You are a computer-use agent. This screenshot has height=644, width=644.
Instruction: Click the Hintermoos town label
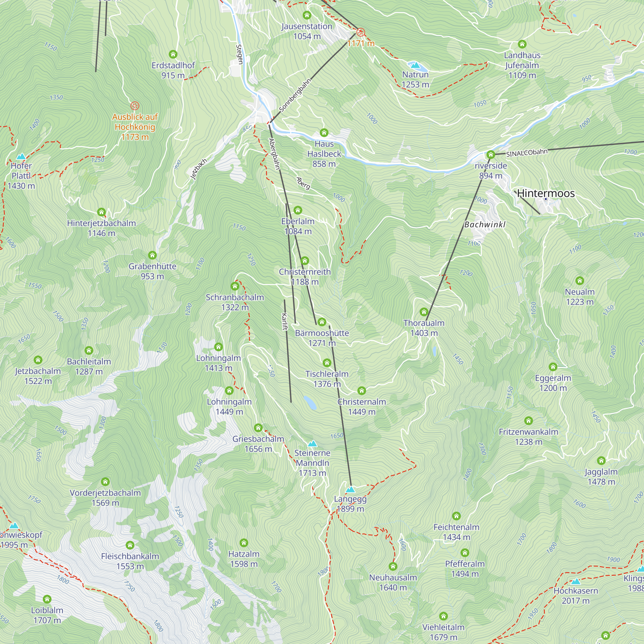pyautogui.click(x=546, y=193)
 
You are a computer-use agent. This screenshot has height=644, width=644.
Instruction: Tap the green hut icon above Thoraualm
pyautogui.click(x=424, y=312)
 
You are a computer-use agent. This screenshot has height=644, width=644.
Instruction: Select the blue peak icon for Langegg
pyautogui.click(x=350, y=489)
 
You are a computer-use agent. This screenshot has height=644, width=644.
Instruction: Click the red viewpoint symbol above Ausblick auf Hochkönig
pyautogui.click(x=135, y=106)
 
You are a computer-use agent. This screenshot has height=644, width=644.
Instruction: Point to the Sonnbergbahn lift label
pyautogui.click(x=295, y=95)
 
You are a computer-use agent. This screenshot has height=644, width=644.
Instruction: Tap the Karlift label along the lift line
pyautogui.click(x=284, y=322)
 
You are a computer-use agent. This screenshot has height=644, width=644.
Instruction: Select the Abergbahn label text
pyautogui.click(x=274, y=154)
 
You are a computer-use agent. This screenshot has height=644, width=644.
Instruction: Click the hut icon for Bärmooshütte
pyautogui.click(x=322, y=322)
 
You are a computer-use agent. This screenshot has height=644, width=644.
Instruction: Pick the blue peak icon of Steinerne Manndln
pyautogui.click(x=312, y=444)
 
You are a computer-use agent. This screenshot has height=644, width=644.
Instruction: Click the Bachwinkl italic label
pyautogui.click(x=485, y=225)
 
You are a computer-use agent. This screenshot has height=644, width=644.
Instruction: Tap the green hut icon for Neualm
pyautogui.click(x=580, y=281)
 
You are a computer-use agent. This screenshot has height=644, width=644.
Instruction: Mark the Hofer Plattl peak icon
pyautogui.click(x=21, y=156)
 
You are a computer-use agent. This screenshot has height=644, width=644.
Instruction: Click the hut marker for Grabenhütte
pyautogui.click(x=152, y=255)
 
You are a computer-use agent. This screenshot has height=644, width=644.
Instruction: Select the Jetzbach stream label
pyautogui.click(x=199, y=169)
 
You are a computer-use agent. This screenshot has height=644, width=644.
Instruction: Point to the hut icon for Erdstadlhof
pyautogui.click(x=173, y=54)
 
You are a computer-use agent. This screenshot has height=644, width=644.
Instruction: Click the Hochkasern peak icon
pyautogui.click(x=576, y=582)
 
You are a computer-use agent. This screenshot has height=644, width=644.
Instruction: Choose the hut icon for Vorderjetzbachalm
pyautogui.click(x=105, y=482)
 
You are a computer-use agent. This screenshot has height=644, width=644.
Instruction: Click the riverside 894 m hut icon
pyautogui.click(x=491, y=155)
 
